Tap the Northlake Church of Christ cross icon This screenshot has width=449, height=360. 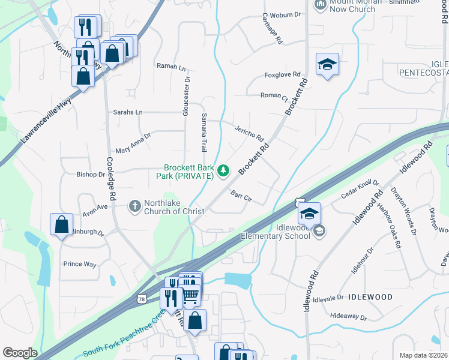coord(135,206)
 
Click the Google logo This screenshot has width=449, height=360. coord(20,353)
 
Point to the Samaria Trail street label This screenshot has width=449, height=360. coord(203,133)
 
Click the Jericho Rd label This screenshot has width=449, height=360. coord(249,133)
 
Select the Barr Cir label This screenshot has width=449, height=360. coord(241,194)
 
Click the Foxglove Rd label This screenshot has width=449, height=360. coord(282,75)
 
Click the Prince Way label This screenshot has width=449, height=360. coord(80,264)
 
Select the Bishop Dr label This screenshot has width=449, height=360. coord(91,175)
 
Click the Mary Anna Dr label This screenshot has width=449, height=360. coord(133,143)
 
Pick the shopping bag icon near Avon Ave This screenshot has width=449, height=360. coord(62,225)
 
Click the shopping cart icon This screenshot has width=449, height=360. coord(191,294)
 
